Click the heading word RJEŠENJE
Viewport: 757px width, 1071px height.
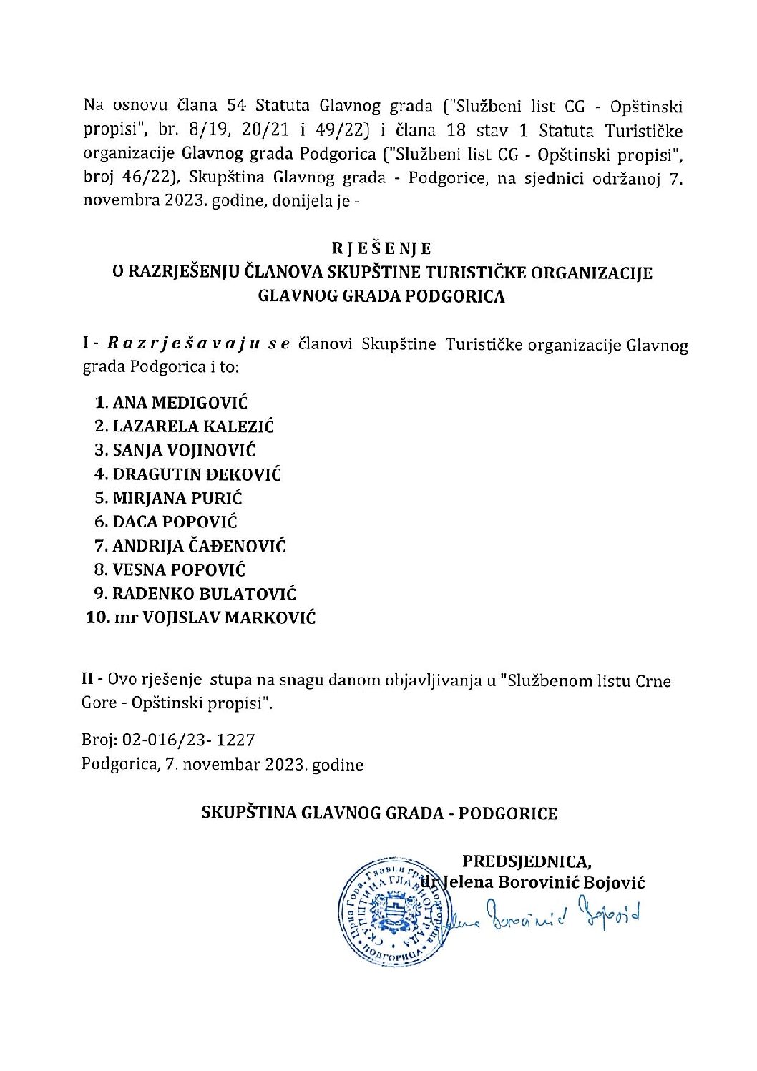click(x=381, y=248)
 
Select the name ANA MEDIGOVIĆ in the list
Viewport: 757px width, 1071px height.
click(x=180, y=403)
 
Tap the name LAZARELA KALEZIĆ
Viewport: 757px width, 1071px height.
click(x=193, y=426)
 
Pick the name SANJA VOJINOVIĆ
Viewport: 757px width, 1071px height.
click(x=184, y=450)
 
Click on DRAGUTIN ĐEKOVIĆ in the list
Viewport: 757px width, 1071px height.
click(x=197, y=474)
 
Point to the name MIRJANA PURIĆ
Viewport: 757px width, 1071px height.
click(x=177, y=498)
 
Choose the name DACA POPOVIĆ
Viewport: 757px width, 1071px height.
click(x=175, y=522)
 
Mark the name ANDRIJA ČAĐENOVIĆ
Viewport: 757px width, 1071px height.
click(x=199, y=547)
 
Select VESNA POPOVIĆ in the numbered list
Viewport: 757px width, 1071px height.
click(x=179, y=570)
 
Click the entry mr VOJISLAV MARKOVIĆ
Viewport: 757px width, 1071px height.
click(x=215, y=617)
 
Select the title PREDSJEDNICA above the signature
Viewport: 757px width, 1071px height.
click(x=526, y=861)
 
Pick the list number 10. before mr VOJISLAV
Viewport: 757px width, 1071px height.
click(x=97, y=617)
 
